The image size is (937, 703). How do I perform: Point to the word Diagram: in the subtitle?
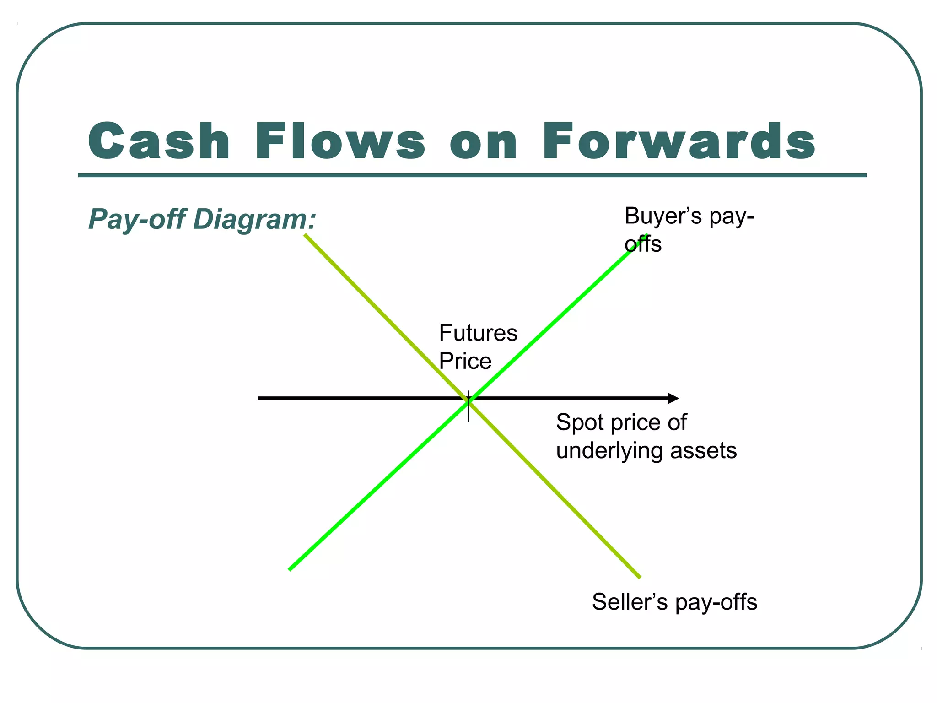pyautogui.click(x=254, y=220)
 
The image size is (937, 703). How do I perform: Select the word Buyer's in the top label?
pyautogui.click(x=663, y=216)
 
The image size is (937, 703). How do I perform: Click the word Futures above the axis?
pyautogui.click(x=478, y=333)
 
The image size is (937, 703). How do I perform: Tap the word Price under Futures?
pyautogui.click(x=465, y=361)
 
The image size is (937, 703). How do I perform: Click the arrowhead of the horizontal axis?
pyautogui.click(x=673, y=398)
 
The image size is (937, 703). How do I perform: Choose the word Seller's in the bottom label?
pyautogui.click(x=630, y=602)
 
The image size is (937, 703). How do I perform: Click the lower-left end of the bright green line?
pyautogui.click(x=290, y=569)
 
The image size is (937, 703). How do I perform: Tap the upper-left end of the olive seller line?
pyautogui.click(x=305, y=235)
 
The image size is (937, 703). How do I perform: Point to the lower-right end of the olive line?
pyautogui.click(x=639, y=577)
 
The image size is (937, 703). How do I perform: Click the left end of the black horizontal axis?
pyautogui.click(x=259, y=398)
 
